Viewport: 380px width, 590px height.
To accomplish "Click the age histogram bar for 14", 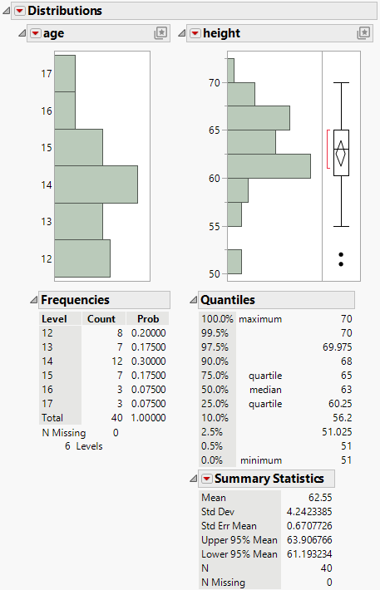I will click(96, 184).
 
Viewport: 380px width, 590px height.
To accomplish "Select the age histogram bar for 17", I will click(65, 73).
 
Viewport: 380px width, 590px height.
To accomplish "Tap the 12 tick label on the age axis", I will click(47, 258).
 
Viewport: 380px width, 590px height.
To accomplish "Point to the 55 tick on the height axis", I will click(215, 226).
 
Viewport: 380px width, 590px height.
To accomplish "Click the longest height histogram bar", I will click(269, 165).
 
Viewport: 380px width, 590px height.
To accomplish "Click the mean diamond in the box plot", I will click(341, 153).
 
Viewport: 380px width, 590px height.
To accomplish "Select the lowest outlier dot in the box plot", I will click(341, 263).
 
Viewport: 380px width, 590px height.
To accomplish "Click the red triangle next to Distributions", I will click(20, 11).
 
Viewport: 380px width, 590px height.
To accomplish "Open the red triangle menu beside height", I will click(195, 33).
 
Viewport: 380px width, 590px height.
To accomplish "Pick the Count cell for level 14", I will click(111, 361).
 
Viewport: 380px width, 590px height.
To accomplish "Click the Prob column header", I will click(148, 318).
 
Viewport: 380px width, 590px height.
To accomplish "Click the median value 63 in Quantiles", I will click(347, 389).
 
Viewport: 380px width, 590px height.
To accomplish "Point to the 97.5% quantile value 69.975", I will click(341, 347).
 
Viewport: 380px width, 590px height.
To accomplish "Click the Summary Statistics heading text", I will click(274, 479).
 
